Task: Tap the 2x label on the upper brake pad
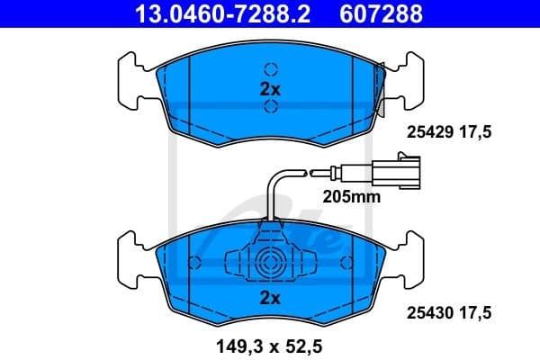coord(270,89)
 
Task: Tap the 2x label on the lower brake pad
coord(270,297)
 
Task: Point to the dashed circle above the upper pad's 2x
coord(270,68)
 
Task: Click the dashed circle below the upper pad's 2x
coord(270,108)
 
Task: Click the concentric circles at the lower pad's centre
coord(270,265)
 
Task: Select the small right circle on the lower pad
coord(345,263)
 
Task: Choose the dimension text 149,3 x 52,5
coord(270,342)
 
